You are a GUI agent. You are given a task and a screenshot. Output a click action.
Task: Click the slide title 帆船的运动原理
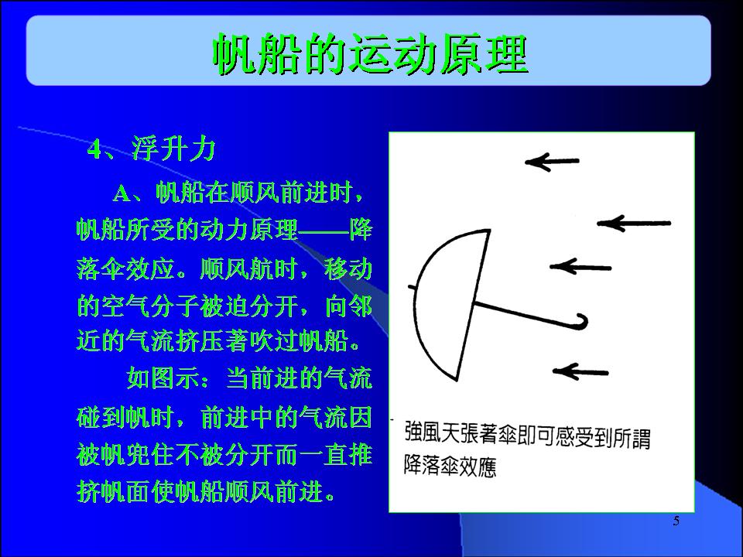(x=370, y=53)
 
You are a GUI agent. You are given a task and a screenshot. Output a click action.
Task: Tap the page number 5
(x=676, y=521)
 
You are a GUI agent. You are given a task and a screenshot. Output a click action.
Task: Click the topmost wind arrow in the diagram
(x=552, y=162)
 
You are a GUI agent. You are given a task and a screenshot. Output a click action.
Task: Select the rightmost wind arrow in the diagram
(x=634, y=223)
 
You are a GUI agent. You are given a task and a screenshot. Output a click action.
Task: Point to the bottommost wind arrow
(x=580, y=372)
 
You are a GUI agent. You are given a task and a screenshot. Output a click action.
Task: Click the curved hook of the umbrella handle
(x=581, y=322)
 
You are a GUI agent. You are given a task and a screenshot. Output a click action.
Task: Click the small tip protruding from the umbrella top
(x=412, y=287)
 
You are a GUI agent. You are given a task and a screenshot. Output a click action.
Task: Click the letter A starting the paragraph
(x=122, y=193)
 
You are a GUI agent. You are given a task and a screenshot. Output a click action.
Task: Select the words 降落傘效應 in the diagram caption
(x=450, y=466)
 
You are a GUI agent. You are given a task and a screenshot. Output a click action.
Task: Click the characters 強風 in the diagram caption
(x=423, y=432)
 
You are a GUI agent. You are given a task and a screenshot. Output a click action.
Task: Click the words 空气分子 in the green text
(x=149, y=306)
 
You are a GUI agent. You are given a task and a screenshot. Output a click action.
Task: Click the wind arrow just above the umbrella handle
(x=580, y=267)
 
